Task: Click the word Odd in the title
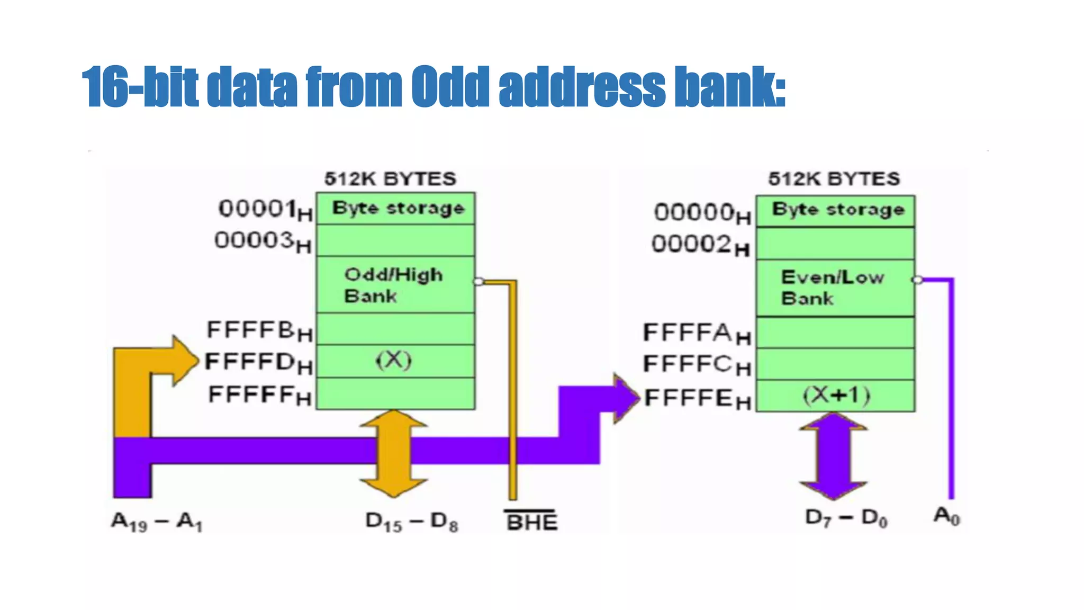pos(450,87)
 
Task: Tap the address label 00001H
pos(265,210)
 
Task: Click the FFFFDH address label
pos(258,363)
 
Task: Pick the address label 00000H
pos(702,213)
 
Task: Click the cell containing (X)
pos(394,361)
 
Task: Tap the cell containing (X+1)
pos(836,396)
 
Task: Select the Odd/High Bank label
pos(393,285)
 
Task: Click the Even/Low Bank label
pos(832,288)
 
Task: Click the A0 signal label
pos(946,516)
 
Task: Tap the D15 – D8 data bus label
pos(412,522)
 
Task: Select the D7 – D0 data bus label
pos(846,518)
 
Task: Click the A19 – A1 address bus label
pos(157,522)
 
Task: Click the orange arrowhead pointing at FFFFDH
pos(183,361)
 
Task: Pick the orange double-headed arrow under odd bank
pos(394,454)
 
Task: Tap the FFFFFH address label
pos(259,396)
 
